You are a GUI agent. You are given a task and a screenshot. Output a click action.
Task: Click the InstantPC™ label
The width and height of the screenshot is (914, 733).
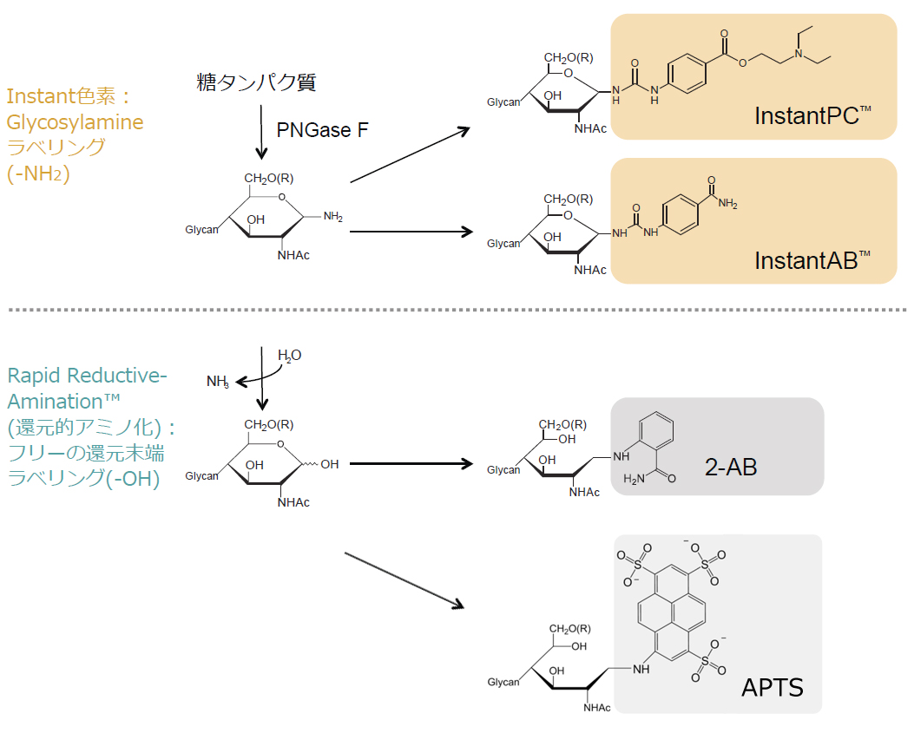(x=812, y=115)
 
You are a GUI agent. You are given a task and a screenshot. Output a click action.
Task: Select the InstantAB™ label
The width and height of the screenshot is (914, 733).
(x=812, y=260)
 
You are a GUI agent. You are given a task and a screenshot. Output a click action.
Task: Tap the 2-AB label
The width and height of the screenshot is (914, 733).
(x=731, y=467)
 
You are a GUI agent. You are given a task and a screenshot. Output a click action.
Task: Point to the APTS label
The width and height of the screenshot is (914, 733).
(x=773, y=688)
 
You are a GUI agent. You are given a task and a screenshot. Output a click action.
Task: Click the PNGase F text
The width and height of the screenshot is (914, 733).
(x=322, y=130)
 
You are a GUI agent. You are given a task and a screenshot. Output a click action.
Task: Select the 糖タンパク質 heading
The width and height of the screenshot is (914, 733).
(x=256, y=82)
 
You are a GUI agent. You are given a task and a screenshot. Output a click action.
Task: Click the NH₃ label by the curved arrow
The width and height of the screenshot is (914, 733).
(x=218, y=381)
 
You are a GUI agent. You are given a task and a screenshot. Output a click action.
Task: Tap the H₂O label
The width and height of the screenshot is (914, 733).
(x=290, y=356)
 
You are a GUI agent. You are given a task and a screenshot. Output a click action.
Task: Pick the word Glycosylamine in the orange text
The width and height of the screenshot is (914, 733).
(x=75, y=122)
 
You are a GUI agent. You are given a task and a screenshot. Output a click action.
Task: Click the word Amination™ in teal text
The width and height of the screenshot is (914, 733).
(x=63, y=402)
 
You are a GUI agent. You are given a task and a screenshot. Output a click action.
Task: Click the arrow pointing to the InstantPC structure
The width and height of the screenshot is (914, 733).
(x=410, y=155)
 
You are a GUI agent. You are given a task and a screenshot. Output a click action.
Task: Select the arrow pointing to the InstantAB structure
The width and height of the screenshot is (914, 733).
(x=411, y=232)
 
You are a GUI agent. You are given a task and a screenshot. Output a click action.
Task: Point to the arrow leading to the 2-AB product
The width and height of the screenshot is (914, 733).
(x=411, y=464)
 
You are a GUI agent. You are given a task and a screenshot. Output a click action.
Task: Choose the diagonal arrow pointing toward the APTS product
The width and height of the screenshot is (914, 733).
(x=404, y=580)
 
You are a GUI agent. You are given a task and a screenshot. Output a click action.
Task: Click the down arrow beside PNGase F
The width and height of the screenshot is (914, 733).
(x=261, y=132)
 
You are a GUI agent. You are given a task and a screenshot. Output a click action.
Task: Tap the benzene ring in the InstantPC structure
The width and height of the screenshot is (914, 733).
(x=687, y=74)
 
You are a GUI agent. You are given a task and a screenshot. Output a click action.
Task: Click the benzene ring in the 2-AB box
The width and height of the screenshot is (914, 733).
(x=656, y=430)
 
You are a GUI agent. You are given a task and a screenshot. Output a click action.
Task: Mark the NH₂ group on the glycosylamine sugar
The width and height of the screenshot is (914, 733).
(x=332, y=217)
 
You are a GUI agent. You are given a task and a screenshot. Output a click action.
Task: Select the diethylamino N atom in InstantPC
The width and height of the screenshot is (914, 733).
(x=799, y=54)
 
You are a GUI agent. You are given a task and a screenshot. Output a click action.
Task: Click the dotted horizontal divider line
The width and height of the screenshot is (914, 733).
(x=457, y=310)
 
